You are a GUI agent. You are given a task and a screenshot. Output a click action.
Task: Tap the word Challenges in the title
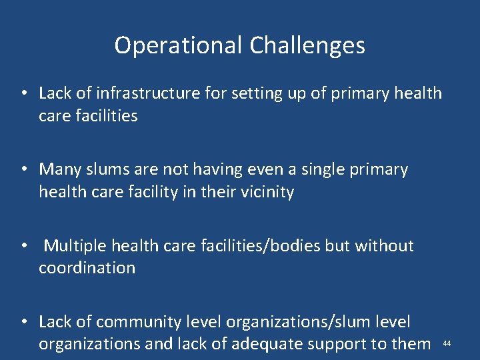click(x=307, y=46)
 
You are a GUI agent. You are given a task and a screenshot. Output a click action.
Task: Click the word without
click(x=385, y=246)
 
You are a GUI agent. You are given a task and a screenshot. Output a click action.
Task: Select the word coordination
click(x=87, y=268)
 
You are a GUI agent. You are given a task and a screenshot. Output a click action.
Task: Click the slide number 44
click(x=447, y=343)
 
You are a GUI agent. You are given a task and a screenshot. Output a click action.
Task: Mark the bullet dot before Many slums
click(x=23, y=170)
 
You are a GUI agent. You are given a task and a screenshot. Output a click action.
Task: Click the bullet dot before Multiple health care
click(x=23, y=246)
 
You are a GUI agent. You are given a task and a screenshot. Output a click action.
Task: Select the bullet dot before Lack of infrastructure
click(x=23, y=93)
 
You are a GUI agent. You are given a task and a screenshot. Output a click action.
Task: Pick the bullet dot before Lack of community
click(x=23, y=322)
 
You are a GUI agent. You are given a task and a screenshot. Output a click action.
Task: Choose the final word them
click(x=412, y=344)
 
